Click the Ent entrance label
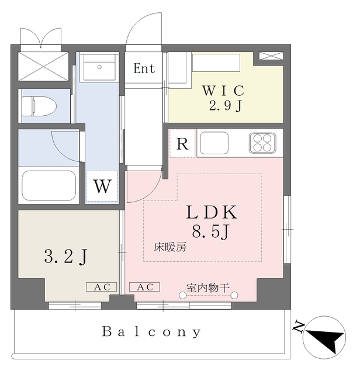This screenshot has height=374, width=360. click(144, 68)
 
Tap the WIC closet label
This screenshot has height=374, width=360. click(222, 91)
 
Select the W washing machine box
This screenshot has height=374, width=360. click(102, 187)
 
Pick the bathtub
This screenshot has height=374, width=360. click(49, 185)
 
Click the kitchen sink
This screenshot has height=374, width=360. click(214, 143)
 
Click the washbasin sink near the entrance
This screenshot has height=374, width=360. click(98, 68)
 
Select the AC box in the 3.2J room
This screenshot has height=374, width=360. click(102, 286)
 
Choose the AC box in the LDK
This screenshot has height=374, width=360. click(144, 287)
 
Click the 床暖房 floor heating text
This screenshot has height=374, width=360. click(170, 247)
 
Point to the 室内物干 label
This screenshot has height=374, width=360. click(209, 287)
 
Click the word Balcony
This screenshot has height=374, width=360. click(152, 333)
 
